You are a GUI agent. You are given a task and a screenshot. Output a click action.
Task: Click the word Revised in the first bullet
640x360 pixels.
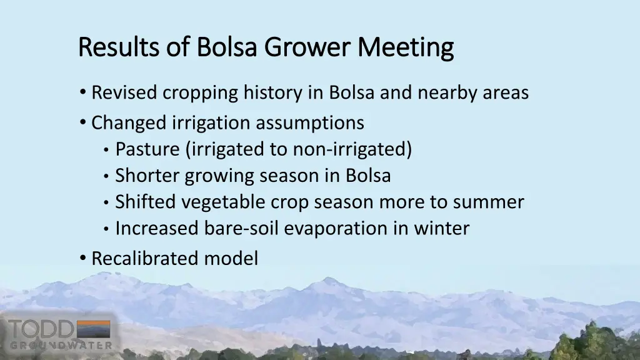coord(124,93)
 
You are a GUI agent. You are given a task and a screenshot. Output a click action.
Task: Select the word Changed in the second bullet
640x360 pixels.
coord(129,122)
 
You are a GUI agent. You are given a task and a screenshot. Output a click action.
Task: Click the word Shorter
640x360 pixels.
coord(147,176)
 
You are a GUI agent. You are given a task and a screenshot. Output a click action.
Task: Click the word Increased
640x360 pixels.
coord(157,229)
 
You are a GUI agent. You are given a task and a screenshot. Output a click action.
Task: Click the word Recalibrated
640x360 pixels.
coord(146,258)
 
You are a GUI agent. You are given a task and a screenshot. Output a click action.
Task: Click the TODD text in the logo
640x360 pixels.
coord(40,330)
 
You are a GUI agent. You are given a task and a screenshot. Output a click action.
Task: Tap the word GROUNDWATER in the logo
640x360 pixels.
coord(61,345)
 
